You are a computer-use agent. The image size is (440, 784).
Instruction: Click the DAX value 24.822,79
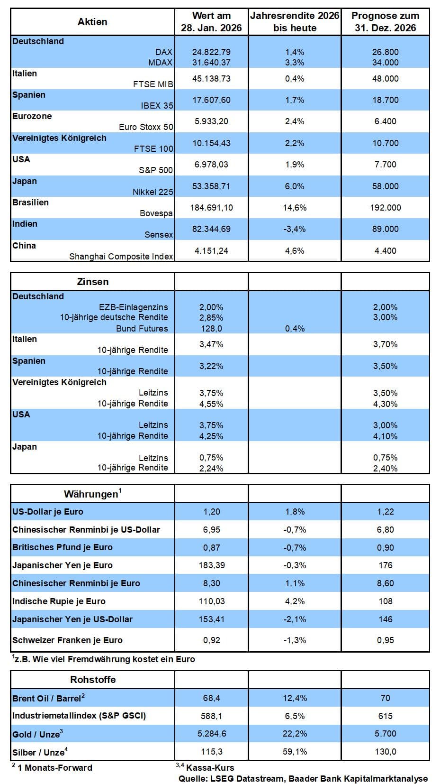point(211,52)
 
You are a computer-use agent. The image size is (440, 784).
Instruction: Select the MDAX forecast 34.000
point(385,63)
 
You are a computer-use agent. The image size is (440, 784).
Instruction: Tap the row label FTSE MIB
point(153,84)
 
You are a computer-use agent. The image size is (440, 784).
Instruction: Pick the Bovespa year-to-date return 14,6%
point(295,208)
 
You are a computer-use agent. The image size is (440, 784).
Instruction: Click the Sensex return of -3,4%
point(295,229)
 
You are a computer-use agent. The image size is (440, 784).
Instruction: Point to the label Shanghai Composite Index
point(121,257)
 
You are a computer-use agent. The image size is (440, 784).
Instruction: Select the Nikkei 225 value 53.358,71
point(211,186)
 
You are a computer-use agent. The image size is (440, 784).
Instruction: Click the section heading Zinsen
point(93,282)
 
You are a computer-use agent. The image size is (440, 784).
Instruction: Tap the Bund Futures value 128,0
point(211,329)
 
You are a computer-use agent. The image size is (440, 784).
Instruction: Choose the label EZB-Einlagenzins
point(133,307)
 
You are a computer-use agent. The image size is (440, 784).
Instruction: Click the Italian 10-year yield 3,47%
point(211,344)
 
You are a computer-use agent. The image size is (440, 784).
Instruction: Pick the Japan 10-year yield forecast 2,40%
point(385,469)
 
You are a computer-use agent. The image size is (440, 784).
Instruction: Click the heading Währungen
point(91,494)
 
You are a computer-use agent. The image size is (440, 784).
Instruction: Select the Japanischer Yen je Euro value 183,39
point(211,565)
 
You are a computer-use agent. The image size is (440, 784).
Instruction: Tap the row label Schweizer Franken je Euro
point(67,640)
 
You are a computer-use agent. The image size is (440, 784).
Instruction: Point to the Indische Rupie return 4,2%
point(295,601)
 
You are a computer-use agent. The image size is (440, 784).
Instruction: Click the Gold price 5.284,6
point(211,734)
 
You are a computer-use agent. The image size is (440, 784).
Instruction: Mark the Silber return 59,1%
point(295,752)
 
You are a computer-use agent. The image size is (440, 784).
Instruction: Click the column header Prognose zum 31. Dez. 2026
point(385,22)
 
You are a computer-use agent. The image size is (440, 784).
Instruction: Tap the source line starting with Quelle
point(303,779)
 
